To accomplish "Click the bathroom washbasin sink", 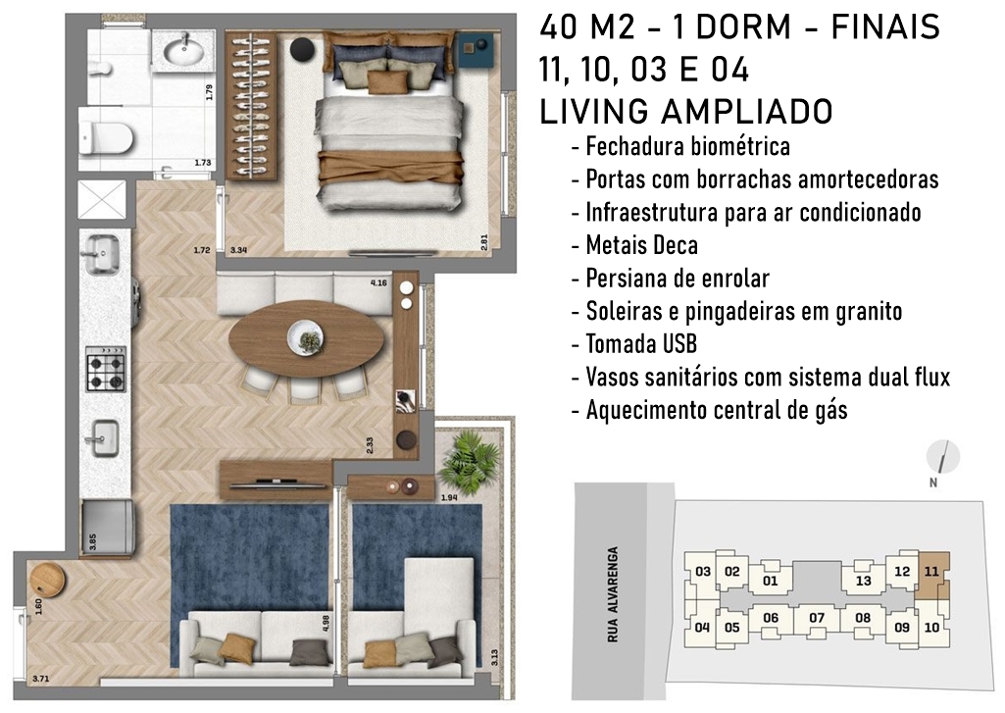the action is click(x=185, y=49).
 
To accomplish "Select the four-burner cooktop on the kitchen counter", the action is click(x=107, y=369).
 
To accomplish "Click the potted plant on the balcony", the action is click(x=462, y=460).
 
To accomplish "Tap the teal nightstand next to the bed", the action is click(x=475, y=49).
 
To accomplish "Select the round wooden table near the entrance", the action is click(x=48, y=579).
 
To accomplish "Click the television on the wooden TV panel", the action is click(x=276, y=484).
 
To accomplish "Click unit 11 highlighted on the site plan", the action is click(x=931, y=573).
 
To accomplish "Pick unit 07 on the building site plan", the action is click(x=817, y=618).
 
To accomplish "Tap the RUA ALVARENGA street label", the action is click(x=614, y=594).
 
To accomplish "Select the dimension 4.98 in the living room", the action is click(x=326, y=624).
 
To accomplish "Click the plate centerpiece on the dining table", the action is click(x=305, y=336).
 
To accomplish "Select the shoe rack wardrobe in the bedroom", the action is click(x=251, y=106).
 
